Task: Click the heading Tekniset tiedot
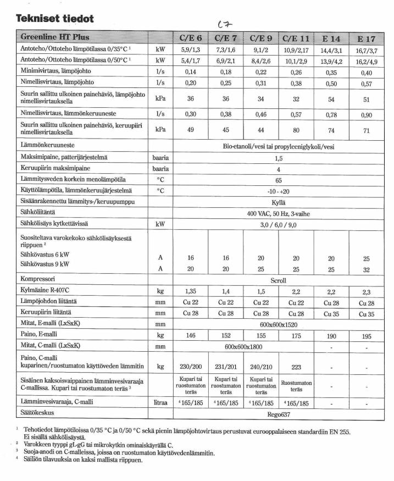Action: coord(55,18)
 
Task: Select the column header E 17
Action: coord(367,39)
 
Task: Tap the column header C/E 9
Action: coord(260,39)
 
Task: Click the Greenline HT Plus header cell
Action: coord(55,38)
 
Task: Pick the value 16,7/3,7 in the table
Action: coord(367,50)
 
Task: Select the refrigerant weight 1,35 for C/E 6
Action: coord(191,291)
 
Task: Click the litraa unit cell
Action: coord(160,403)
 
